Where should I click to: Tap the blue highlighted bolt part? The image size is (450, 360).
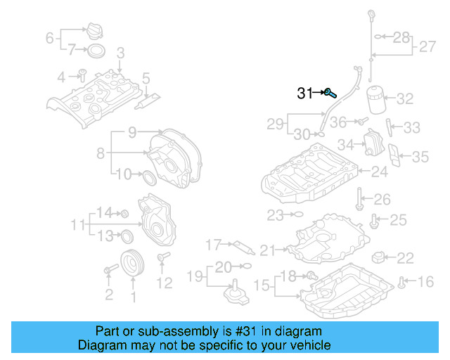tap(329, 92)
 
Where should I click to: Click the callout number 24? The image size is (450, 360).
tap(379, 171)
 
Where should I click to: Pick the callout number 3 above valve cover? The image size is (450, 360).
tap(120, 53)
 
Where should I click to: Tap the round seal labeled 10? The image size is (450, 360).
tap(149, 176)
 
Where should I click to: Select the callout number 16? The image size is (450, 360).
tap(426, 283)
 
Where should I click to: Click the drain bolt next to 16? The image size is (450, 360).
tap(401, 283)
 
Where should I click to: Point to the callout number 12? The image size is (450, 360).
tap(164, 283)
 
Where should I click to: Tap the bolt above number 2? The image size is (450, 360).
tap(110, 269)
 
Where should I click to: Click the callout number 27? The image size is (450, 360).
tap(427, 47)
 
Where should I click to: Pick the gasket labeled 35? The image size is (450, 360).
tap(396, 158)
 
